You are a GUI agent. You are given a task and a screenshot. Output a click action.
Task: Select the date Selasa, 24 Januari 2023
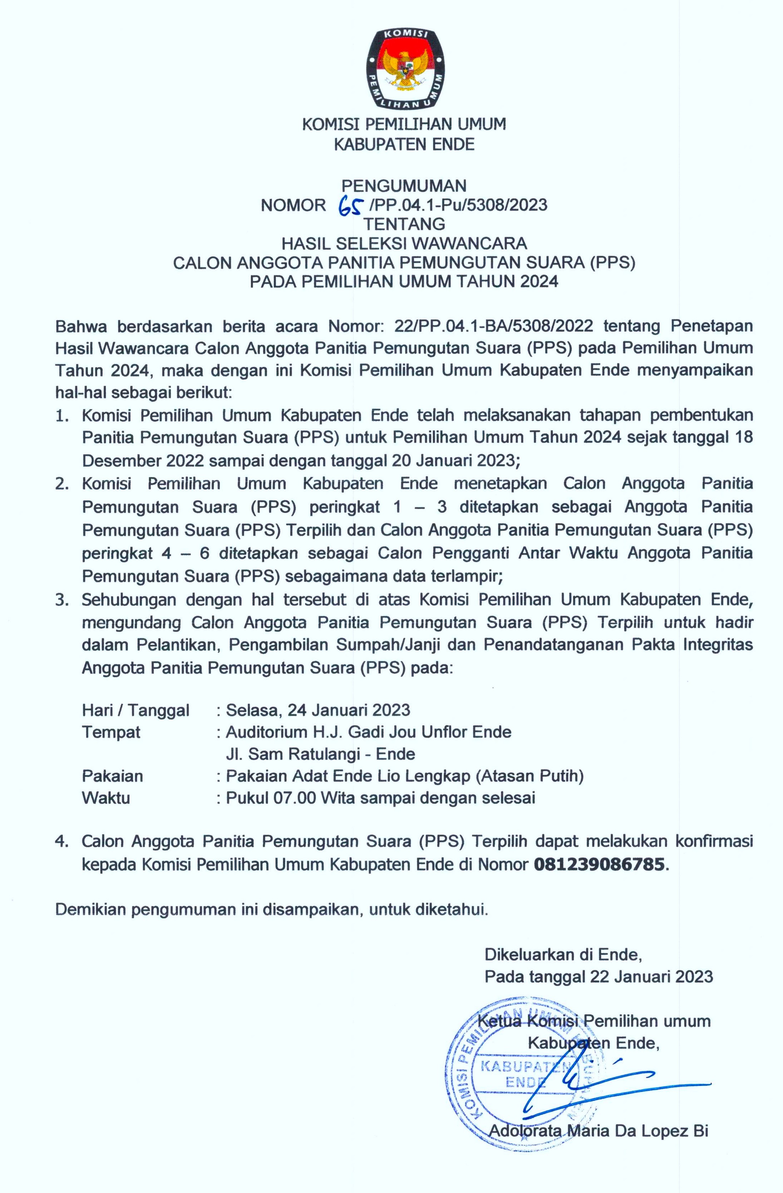click(318, 710)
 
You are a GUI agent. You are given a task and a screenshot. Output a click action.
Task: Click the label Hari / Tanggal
click(135, 710)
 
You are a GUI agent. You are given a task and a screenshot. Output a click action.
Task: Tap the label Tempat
click(111, 732)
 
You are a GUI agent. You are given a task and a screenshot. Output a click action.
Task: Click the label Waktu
click(106, 798)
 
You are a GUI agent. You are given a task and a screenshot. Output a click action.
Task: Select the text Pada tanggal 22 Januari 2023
click(598, 976)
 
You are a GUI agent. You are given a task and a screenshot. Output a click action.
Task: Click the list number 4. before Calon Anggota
click(62, 842)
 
